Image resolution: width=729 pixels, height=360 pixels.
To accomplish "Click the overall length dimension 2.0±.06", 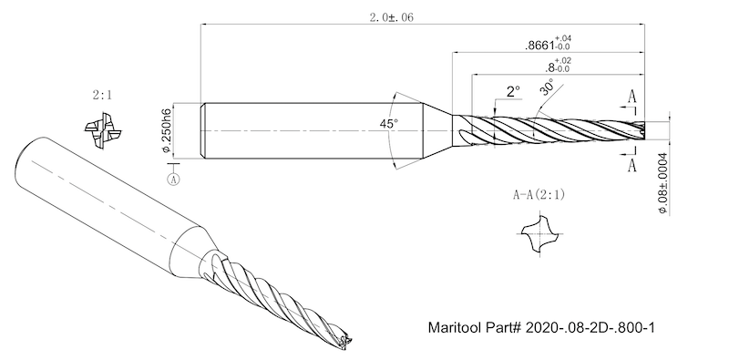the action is point(391,17).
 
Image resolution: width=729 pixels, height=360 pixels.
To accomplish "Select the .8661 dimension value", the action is point(548,43).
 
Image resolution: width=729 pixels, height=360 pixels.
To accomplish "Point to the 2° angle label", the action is point(513,91).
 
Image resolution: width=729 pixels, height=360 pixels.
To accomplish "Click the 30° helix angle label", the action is point(547,87).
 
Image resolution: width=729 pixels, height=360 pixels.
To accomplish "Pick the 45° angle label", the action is point(389,124).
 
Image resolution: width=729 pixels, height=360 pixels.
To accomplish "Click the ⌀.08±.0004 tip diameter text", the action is point(662,184).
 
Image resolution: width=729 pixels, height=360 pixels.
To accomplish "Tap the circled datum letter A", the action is point(174,180).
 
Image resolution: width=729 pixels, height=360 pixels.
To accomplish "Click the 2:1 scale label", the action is point(102,96).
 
